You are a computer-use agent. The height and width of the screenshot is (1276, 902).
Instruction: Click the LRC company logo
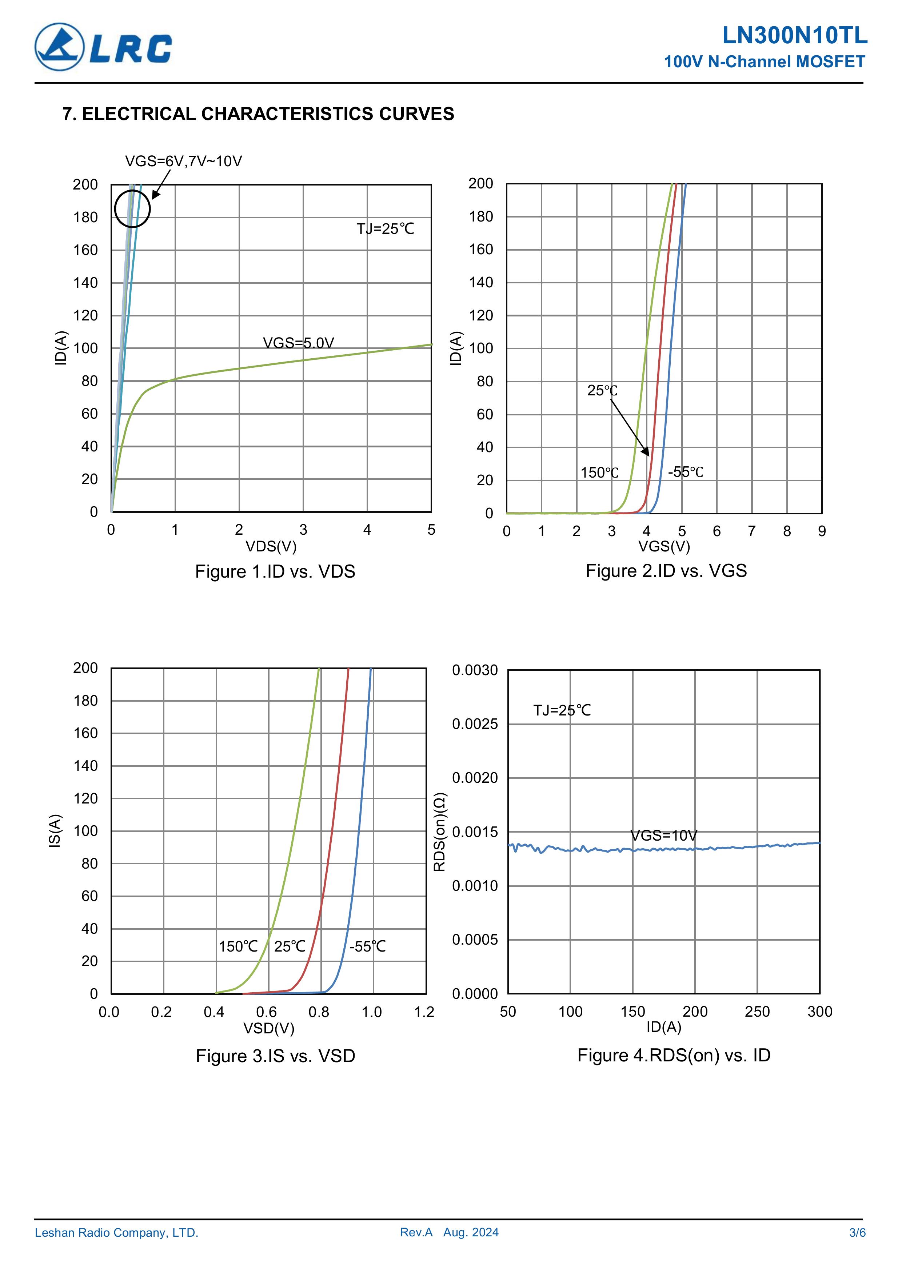[103, 47]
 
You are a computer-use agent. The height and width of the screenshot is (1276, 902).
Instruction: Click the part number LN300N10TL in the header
[794, 36]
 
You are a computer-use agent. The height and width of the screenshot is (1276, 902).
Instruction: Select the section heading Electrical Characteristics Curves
[259, 114]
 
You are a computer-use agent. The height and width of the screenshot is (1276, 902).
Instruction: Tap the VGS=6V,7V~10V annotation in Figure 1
[183, 161]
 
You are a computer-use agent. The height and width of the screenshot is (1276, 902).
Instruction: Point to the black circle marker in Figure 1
[132, 209]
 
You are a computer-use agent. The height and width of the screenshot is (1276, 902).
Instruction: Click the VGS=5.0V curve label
[299, 343]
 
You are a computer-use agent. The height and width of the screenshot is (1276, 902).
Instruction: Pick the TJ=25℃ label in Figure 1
[385, 229]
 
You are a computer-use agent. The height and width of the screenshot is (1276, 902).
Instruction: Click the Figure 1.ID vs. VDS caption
[275, 571]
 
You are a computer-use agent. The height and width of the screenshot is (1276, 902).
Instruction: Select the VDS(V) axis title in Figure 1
[271, 546]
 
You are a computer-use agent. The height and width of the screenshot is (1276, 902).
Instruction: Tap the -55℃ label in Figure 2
[685, 472]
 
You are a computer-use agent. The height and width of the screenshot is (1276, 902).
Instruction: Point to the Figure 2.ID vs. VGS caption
[666, 571]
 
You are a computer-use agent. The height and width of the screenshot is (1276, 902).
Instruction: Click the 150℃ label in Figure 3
[238, 946]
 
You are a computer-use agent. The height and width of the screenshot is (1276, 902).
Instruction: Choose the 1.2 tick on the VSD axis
[424, 1012]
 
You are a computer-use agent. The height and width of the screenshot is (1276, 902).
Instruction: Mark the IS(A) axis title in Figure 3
[55, 831]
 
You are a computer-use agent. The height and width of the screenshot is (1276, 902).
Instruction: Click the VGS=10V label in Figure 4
[663, 835]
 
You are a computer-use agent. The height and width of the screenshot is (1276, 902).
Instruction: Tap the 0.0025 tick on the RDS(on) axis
[475, 724]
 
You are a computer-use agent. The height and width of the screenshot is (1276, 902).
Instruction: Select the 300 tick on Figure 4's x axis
[820, 1012]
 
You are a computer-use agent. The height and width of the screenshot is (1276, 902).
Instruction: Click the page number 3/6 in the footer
[857, 1233]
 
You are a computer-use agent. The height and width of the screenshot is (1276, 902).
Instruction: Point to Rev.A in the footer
[416, 1233]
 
